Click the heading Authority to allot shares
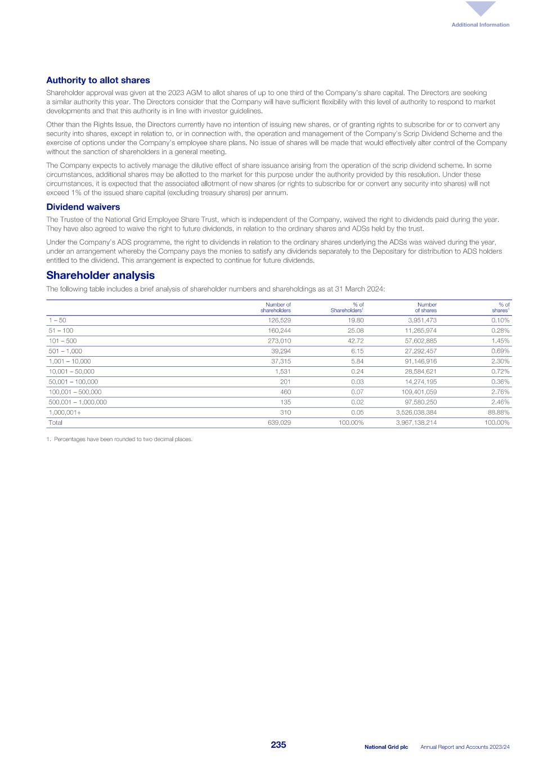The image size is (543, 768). pyautogui.click(x=98, y=80)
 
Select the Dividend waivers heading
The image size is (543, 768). pyautogui.click(x=83, y=207)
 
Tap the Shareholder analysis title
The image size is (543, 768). pyautogui.click(x=100, y=275)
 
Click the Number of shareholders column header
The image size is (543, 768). pyautogui.click(x=276, y=307)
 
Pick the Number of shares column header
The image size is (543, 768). pyautogui.click(x=426, y=307)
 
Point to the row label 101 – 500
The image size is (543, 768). pyautogui.click(x=63, y=341)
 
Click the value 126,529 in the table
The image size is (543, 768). pyautogui.click(x=279, y=320)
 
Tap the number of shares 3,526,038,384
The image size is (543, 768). pyautogui.click(x=416, y=412)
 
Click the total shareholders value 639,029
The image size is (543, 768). pyautogui.click(x=279, y=423)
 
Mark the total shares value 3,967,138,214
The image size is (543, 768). pyautogui.click(x=416, y=423)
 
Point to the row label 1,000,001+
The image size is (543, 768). pyautogui.click(x=65, y=412)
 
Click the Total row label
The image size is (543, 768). pyautogui.click(x=56, y=423)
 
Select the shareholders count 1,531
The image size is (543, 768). pyautogui.click(x=282, y=371)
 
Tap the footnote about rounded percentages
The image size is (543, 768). pyautogui.click(x=119, y=439)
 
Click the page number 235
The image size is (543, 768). pyautogui.click(x=279, y=745)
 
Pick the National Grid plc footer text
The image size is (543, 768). pyautogui.click(x=386, y=747)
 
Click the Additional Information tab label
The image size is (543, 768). pyautogui.click(x=480, y=25)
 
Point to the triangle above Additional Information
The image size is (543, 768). pyautogui.click(x=481, y=8)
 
